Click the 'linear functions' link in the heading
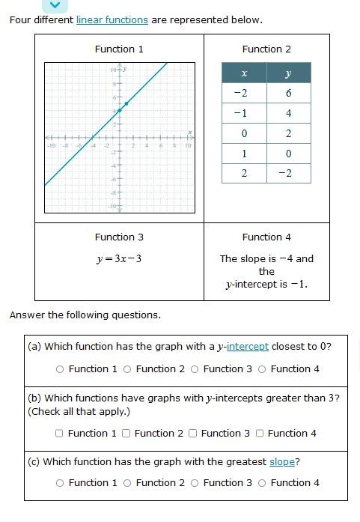coord(112,19)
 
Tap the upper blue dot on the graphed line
coord(126,103)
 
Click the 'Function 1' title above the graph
coord(119,49)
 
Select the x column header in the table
coord(243,73)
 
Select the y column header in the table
coord(288,73)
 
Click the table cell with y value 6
coord(288,93)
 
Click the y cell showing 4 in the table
coord(288,113)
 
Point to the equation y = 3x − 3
coord(119,258)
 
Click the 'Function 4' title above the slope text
coord(266,237)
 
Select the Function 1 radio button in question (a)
coord(60,369)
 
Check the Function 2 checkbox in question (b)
coord(126,433)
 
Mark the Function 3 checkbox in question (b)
coord(193,433)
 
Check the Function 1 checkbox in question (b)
coord(59,433)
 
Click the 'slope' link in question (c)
coord(282,461)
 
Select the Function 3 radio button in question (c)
coord(195,483)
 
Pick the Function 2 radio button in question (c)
coord(127,483)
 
